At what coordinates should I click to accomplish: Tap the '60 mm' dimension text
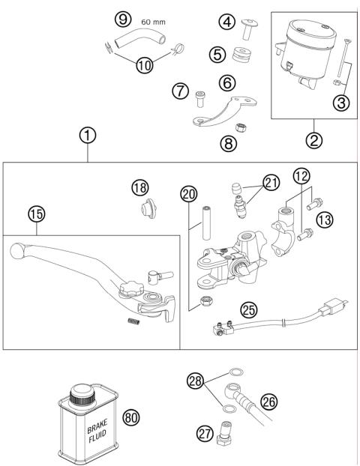point(154,22)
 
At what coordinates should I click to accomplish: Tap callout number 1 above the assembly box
point(88,136)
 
